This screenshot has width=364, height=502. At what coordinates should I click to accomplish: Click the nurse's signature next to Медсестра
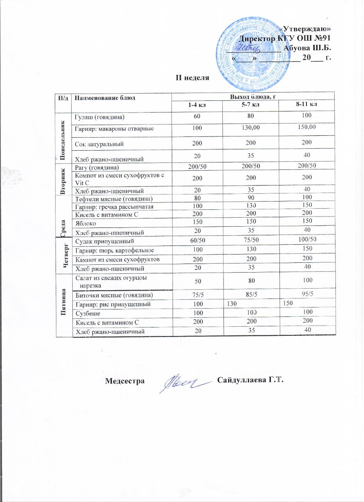pos(184,381)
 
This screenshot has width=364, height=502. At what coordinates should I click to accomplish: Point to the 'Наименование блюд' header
pos(105,98)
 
